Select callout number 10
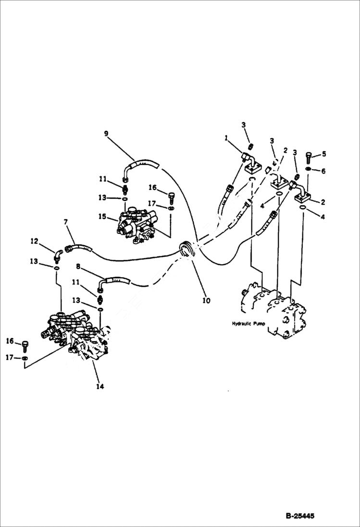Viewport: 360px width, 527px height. click(x=206, y=301)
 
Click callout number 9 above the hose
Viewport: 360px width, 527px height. click(x=106, y=134)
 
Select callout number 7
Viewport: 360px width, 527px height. click(x=66, y=221)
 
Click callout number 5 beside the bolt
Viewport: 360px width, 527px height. click(x=323, y=154)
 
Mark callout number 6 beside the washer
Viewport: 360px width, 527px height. click(x=323, y=171)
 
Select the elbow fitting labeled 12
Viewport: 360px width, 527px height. click(x=58, y=253)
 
